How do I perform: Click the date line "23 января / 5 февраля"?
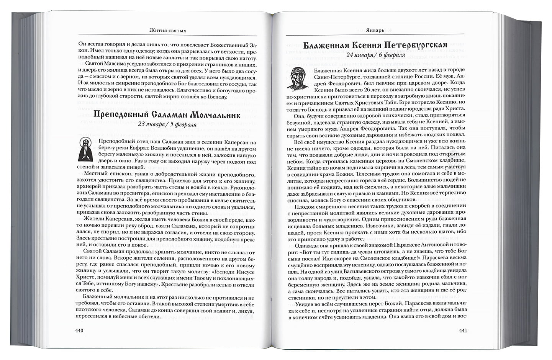click(167, 124)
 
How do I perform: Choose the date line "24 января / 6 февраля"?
click(375, 55)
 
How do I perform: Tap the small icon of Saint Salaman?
click(85, 149)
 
